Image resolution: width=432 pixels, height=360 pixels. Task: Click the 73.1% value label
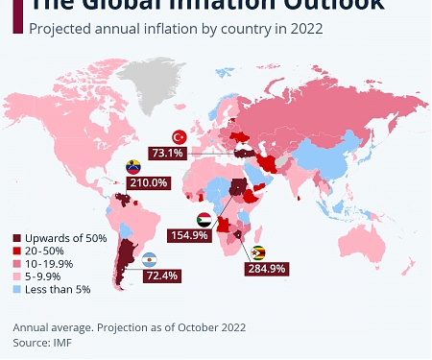tap(167, 153)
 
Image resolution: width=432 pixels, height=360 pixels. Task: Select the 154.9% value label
tap(188, 235)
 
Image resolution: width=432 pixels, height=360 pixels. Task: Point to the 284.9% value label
tap(267, 269)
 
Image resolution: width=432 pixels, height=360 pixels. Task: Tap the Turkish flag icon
tap(178, 138)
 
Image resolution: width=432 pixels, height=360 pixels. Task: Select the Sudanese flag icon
tap(204, 219)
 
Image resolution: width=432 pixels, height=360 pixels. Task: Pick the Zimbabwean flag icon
tap(260, 253)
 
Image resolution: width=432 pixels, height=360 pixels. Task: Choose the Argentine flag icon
tap(150, 260)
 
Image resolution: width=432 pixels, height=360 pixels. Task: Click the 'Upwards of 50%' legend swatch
tap(16, 238)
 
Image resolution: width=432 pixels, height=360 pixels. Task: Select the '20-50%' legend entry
tap(43, 251)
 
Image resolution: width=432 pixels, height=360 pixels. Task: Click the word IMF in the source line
tap(61, 341)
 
